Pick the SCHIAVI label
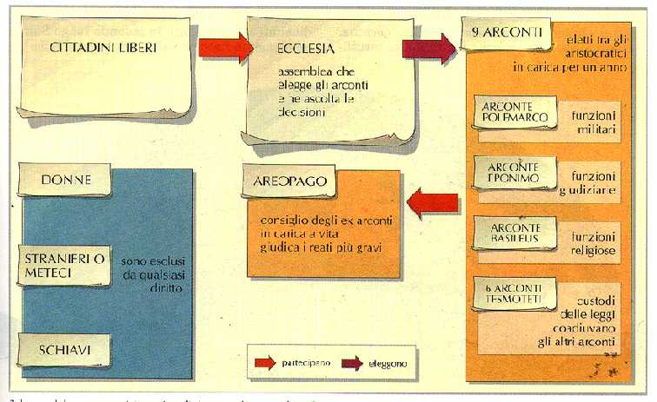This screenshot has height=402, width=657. point(66,349)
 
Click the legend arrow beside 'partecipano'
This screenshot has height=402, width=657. point(264,358)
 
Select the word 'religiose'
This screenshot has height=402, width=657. point(594,250)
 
